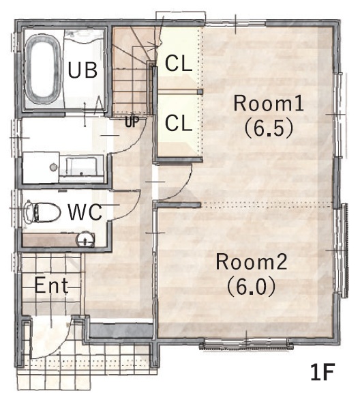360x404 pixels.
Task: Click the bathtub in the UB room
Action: click(x=42, y=69)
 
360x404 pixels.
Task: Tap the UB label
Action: click(x=82, y=70)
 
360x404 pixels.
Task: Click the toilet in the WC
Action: click(x=43, y=212)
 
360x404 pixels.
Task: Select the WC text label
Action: click(x=85, y=212)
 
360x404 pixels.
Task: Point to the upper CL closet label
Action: click(x=179, y=63)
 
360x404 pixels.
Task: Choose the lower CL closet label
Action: click(x=179, y=123)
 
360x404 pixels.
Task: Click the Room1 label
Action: click(x=269, y=103)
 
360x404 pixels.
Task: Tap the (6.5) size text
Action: click(x=269, y=128)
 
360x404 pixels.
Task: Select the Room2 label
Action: click(x=252, y=262)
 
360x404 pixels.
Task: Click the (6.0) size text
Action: click(x=252, y=287)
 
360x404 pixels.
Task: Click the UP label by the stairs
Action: click(x=132, y=122)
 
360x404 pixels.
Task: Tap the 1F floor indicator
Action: click(x=322, y=372)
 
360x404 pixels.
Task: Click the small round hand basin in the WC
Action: click(x=85, y=240)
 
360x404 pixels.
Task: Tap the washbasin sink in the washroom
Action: click(x=81, y=167)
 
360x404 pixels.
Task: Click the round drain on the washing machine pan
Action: click(x=53, y=167)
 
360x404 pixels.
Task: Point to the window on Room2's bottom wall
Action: click(x=246, y=343)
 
